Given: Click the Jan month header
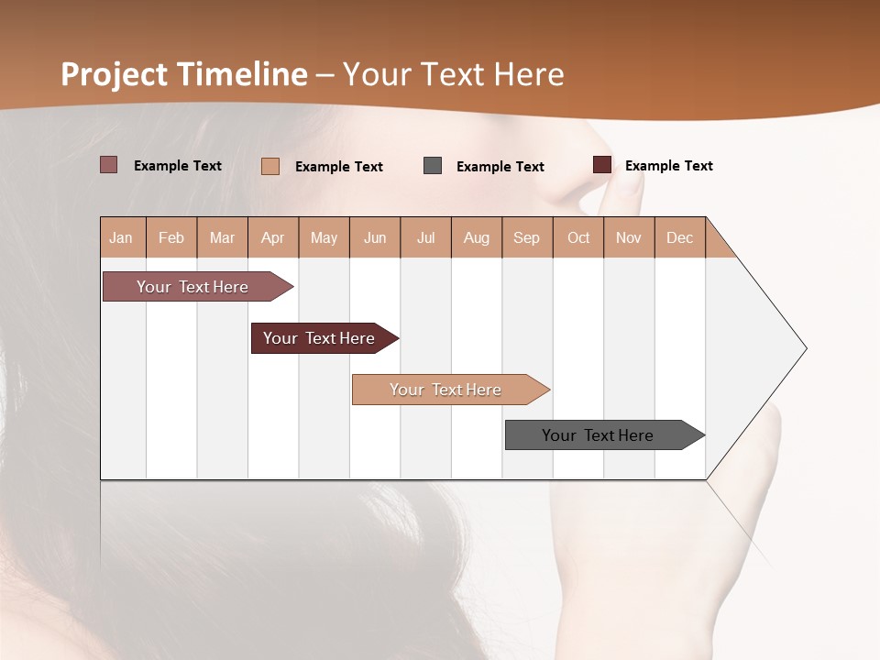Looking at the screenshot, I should click(x=121, y=237).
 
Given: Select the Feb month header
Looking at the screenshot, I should click(x=171, y=237).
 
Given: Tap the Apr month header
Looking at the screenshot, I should click(x=272, y=237).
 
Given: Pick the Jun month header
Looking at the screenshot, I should click(x=375, y=237).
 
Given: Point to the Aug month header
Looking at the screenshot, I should click(x=476, y=237).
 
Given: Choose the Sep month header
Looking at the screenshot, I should click(x=526, y=237).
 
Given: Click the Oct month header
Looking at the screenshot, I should click(x=578, y=237).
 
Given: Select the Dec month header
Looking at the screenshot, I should click(x=679, y=237).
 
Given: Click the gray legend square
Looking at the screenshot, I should click(x=433, y=166).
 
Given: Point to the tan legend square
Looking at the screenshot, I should click(x=270, y=166).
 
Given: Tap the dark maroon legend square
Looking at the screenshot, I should click(x=602, y=165).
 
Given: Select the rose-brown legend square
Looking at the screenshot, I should click(x=109, y=165).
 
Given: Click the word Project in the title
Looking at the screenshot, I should click(x=115, y=74).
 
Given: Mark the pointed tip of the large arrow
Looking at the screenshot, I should click(x=805, y=348).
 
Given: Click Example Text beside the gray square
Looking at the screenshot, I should click(x=500, y=167).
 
